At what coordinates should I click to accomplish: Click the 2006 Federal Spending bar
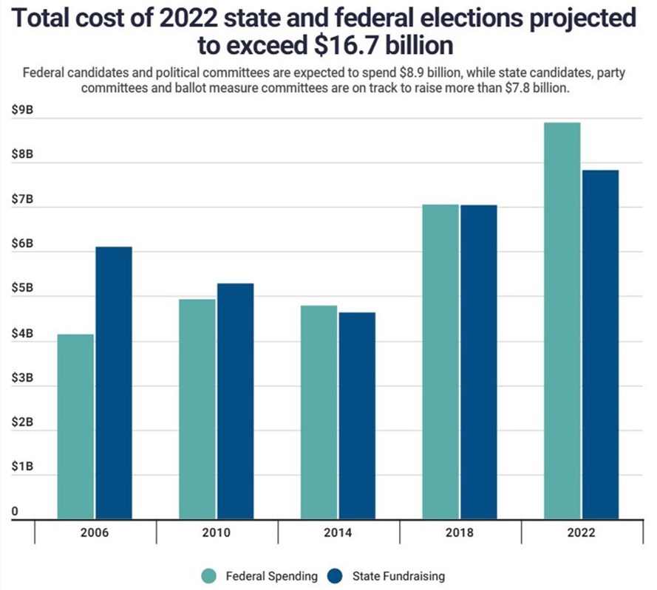tap(75, 426)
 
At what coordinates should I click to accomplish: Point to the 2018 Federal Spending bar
tap(440, 361)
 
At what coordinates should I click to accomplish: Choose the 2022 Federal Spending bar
tap(562, 320)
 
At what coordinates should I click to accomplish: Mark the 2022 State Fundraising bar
tap(599, 344)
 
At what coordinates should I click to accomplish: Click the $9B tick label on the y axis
tap(22, 110)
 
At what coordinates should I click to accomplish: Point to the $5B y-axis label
tap(22, 289)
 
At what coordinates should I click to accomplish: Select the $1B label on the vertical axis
tap(22, 467)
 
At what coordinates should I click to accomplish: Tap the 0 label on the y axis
tap(15, 511)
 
